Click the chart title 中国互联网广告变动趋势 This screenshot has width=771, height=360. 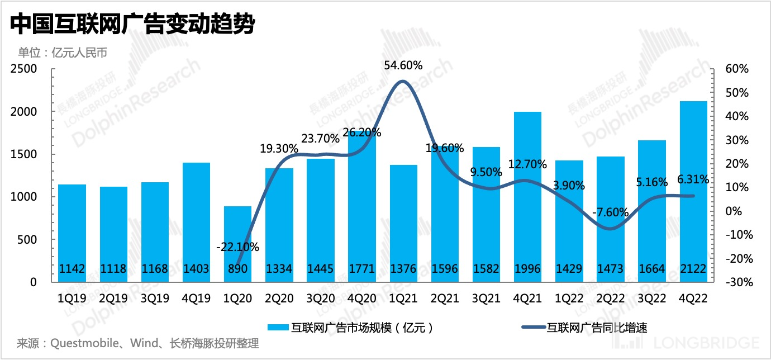132,24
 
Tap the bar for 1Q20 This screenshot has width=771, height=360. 238,244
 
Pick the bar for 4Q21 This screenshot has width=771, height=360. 528,196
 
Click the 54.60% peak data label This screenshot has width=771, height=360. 403,65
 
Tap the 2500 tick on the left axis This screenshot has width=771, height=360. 24,69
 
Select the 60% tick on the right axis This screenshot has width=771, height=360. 736,69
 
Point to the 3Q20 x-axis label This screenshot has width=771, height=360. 321,299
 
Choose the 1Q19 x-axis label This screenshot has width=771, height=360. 73,299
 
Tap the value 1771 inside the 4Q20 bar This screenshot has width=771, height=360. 362,269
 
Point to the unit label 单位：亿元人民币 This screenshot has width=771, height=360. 62,53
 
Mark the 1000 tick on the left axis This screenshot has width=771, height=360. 24,197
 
